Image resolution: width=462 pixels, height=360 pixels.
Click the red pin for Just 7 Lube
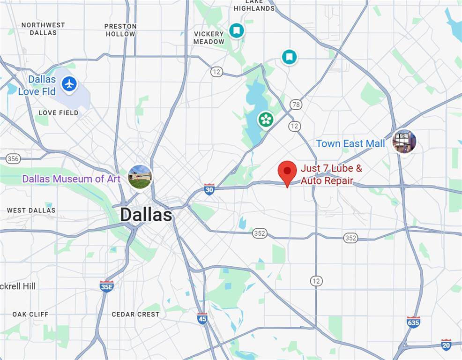click(287, 172)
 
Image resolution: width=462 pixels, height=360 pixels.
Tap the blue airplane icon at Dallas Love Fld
click(69, 84)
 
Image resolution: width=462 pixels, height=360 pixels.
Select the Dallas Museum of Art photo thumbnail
click(140, 177)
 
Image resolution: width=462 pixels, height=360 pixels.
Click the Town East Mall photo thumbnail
click(404, 142)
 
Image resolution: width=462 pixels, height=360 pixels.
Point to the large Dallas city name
click(146, 215)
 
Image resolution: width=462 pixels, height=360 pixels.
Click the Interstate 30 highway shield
click(209, 189)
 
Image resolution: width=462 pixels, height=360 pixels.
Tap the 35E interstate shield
click(106, 286)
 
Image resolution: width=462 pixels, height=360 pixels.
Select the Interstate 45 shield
click(202, 318)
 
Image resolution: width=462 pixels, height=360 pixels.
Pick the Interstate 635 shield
click(413, 322)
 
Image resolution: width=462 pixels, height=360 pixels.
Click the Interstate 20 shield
click(446, 345)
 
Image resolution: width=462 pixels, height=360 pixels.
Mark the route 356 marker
click(13, 158)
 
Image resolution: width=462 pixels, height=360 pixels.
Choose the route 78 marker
click(296, 105)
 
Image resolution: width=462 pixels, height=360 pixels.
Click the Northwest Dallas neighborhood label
click(43, 29)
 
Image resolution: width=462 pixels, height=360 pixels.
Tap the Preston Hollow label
click(120, 30)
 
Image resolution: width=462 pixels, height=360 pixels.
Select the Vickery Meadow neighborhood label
click(209, 37)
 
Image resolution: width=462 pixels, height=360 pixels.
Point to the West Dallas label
click(31, 210)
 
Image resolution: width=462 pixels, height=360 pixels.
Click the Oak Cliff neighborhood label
click(30, 314)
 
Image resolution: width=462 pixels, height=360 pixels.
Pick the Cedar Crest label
click(135, 314)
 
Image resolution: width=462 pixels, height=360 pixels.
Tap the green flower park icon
click(266, 119)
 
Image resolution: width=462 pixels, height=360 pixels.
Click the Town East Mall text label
click(350, 143)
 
